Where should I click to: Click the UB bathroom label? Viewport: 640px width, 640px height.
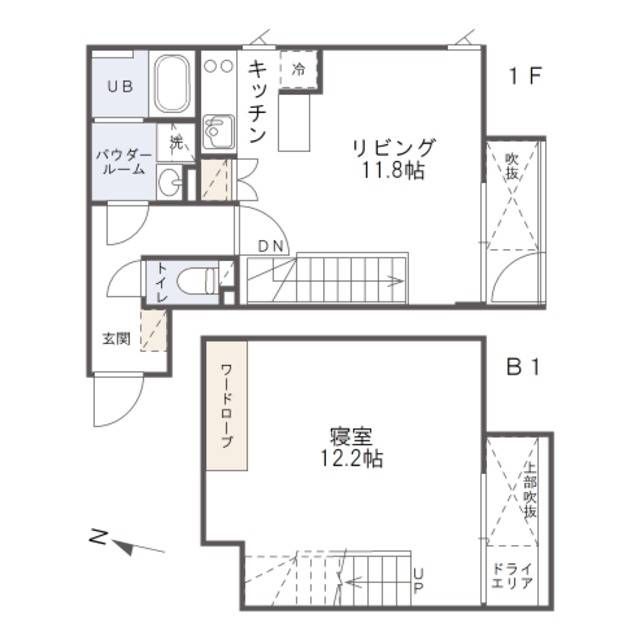click(120, 85)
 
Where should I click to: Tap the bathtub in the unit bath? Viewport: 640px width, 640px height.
click(173, 84)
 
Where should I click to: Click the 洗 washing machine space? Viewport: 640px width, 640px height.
click(176, 141)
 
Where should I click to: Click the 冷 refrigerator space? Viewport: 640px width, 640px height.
click(298, 70)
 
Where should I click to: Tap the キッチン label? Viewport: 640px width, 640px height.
click(256, 103)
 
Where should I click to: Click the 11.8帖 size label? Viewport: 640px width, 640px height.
click(393, 171)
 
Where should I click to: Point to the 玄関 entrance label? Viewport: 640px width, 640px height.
click(116, 338)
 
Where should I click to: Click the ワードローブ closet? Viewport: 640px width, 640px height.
click(226, 405)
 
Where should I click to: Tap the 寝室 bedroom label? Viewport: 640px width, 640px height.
click(350, 437)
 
